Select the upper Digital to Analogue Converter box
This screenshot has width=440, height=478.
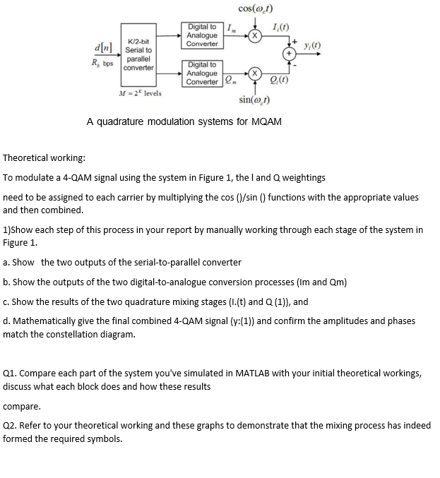pyautogui.click(x=202, y=35)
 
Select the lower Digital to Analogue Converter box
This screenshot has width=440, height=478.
pyautogui.click(x=202, y=73)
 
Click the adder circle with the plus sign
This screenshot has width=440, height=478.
pyautogui.click(x=289, y=53)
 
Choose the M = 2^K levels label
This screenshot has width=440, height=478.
pyautogui.click(x=140, y=93)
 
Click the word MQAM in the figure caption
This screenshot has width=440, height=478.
pyautogui.click(x=265, y=121)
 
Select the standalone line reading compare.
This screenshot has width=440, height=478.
pyautogui.click(x=22, y=406)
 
